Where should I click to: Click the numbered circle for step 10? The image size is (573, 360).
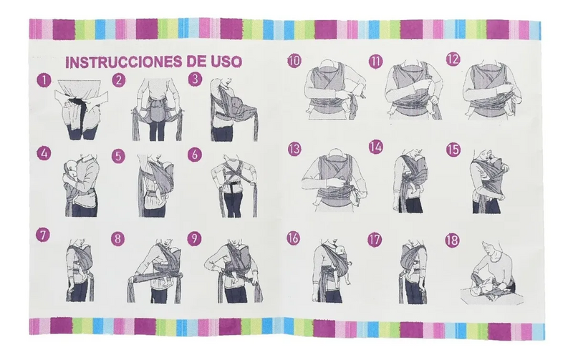pos(294,60)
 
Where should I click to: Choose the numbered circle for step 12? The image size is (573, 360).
pos(452,60)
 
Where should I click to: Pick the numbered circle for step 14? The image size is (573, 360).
pos(375,147)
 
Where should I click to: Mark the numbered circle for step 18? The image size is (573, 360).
pos(451,239)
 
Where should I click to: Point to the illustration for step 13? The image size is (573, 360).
pos(334,179)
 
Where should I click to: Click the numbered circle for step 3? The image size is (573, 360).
pos(195,80)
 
